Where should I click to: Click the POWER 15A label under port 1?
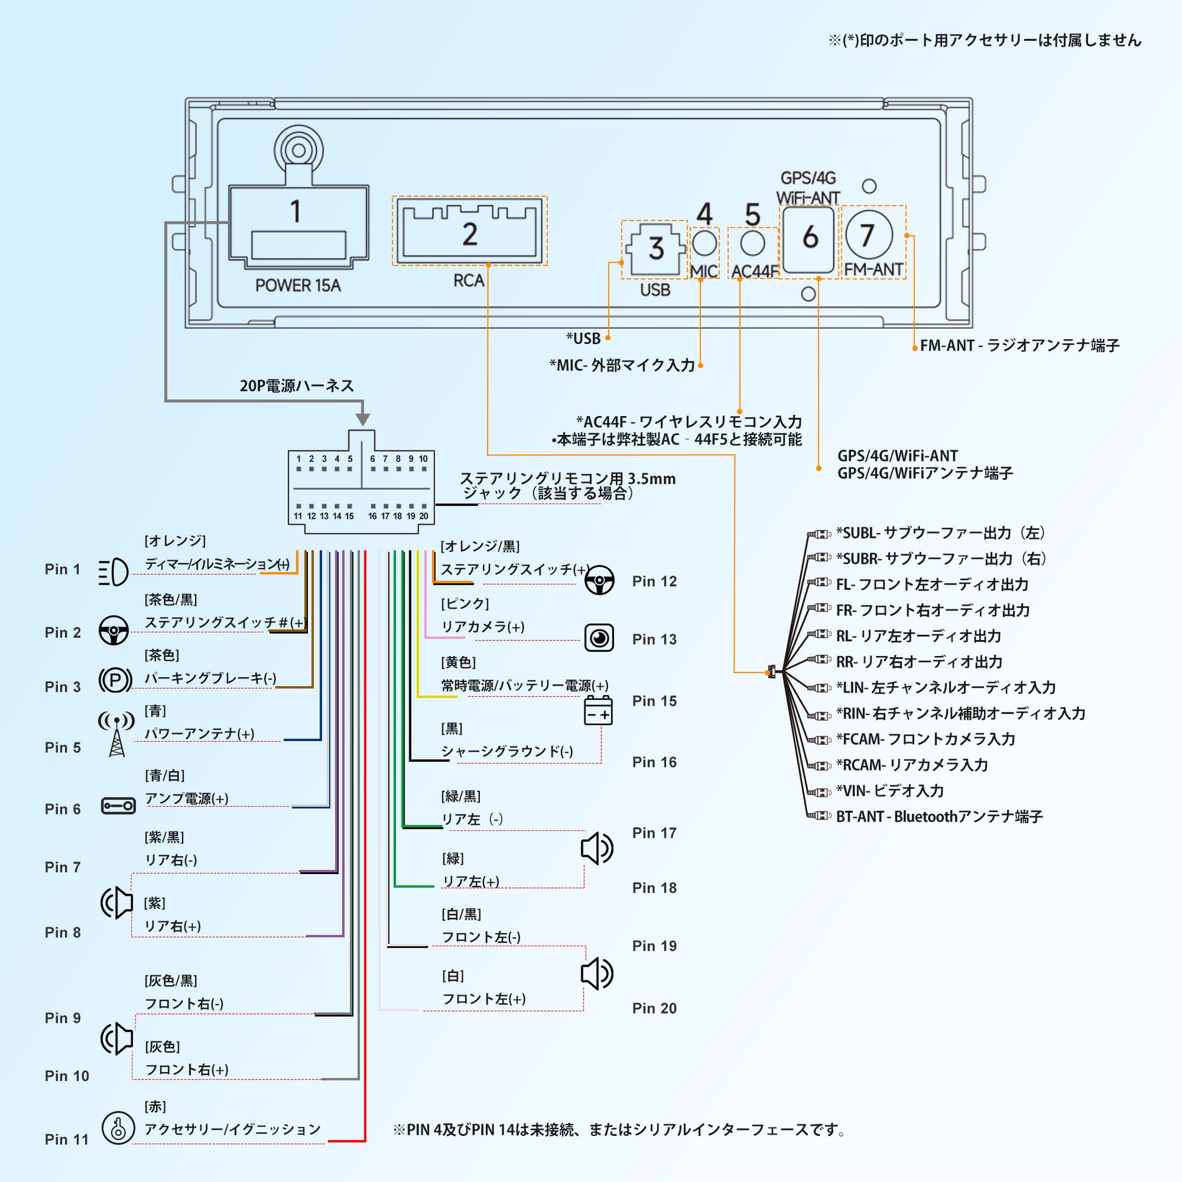[x=298, y=285]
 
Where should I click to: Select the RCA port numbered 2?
[x=470, y=231]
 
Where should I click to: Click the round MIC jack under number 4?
[x=704, y=243]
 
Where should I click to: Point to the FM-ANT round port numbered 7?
[x=869, y=235]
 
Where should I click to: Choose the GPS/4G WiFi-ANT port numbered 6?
[x=809, y=239]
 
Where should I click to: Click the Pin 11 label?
[x=67, y=1139]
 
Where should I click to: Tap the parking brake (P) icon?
[x=115, y=680]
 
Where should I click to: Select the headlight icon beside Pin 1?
[x=114, y=572]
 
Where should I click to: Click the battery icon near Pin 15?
[x=598, y=710]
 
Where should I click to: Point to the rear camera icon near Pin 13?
[x=599, y=638]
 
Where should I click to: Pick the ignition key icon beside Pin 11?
[x=118, y=1127]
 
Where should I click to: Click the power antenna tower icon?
[x=116, y=734]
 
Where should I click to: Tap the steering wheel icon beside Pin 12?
[x=599, y=579]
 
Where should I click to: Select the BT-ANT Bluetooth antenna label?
[x=939, y=817]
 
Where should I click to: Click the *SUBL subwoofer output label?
[x=940, y=533]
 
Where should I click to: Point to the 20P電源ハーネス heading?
[x=297, y=386]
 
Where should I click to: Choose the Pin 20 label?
[x=654, y=1008]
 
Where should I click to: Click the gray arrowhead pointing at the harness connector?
[x=363, y=419]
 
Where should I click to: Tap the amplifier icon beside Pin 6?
[x=118, y=806]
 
